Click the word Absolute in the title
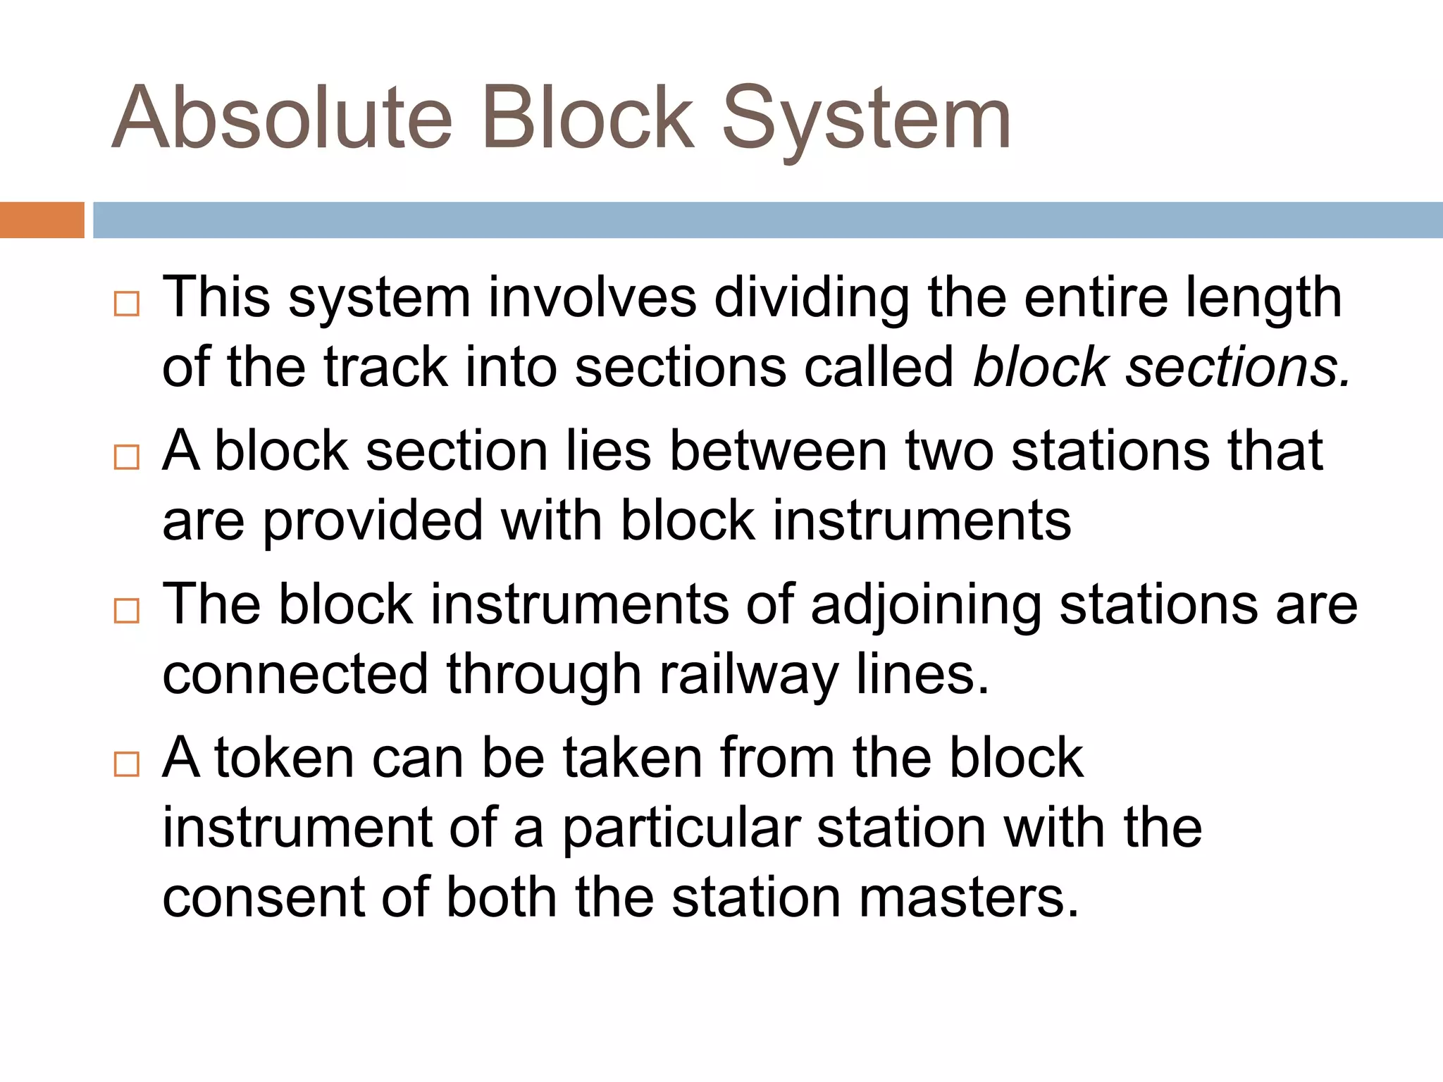tap(282, 118)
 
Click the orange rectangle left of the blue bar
tap(42, 220)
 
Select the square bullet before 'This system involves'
tap(127, 304)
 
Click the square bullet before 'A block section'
tap(127, 457)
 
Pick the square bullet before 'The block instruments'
tap(127, 611)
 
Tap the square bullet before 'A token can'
tap(127, 764)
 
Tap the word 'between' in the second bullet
tap(778, 451)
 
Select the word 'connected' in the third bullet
tap(295, 674)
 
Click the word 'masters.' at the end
tap(970, 898)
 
